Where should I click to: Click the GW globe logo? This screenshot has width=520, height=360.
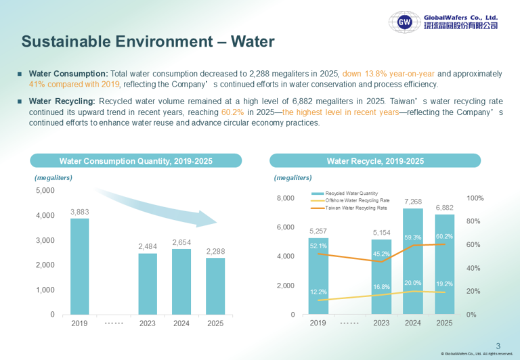[x=405, y=22]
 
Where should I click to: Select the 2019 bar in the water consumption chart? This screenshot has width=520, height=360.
[x=80, y=267]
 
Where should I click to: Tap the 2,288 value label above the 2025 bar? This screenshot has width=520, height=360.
[x=215, y=252]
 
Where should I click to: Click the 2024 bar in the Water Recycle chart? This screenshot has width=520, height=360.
[x=413, y=261]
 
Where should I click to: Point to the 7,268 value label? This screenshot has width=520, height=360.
[x=413, y=202]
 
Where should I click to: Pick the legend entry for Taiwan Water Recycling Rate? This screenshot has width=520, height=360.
[x=349, y=208]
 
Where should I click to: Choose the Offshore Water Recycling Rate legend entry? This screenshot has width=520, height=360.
[x=350, y=200]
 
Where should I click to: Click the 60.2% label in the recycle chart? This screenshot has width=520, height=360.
[x=444, y=236]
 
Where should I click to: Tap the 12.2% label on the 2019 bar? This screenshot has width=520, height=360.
[x=318, y=292]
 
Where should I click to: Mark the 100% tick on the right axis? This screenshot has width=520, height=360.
[x=475, y=198]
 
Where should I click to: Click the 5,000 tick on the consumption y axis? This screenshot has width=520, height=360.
[x=45, y=191]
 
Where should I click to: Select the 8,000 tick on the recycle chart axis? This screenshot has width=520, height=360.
[x=286, y=198]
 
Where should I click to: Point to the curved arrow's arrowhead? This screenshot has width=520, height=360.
[x=207, y=219]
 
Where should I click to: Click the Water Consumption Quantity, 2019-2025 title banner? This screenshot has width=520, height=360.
[x=136, y=161]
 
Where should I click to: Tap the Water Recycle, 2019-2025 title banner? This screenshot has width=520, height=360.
[x=375, y=161]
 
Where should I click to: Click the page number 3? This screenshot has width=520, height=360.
[x=498, y=346]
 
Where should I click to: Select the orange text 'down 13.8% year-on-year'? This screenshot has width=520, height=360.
[x=389, y=74]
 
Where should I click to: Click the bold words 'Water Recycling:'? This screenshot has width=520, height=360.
[x=62, y=101]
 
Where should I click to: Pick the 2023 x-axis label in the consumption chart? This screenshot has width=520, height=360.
[x=147, y=323]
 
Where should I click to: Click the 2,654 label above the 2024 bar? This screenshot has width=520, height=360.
[x=181, y=243]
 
